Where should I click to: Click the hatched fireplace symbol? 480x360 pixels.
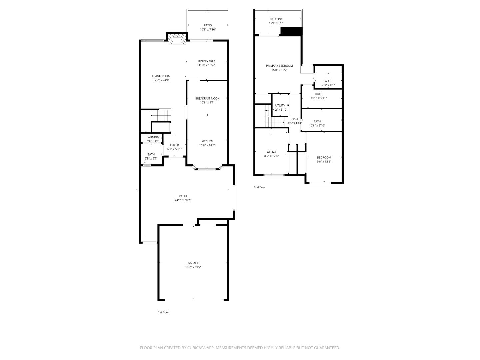tap(175, 40)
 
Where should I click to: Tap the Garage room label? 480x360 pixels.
tap(193, 263)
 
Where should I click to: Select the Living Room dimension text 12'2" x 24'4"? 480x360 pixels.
tap(161, 80)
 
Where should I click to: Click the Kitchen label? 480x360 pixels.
tap(207, 141)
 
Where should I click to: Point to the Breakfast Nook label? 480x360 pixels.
tap(207, 98)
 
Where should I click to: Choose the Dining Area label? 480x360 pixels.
tap(207, 61)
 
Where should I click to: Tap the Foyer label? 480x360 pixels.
tap(174, 145)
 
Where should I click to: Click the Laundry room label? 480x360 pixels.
tap(153, 137)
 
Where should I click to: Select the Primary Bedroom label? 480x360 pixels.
tap(279, 66)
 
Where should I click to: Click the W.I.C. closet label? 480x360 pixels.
tap(328, 81)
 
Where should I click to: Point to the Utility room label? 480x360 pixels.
tap(280, 105)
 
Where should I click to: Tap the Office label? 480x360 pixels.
tap(271, 152)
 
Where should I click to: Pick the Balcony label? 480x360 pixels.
tap(276, 19)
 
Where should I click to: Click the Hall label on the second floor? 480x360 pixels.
tap(295, 119)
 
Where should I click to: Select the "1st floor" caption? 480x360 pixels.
tap(163, 312)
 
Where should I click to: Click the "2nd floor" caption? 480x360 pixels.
tap(260, 187)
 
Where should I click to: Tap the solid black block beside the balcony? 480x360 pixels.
tap(291, 31)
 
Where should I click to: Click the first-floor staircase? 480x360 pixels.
tap(161, 116)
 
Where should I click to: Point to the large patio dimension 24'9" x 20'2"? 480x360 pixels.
tap(183, 200)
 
